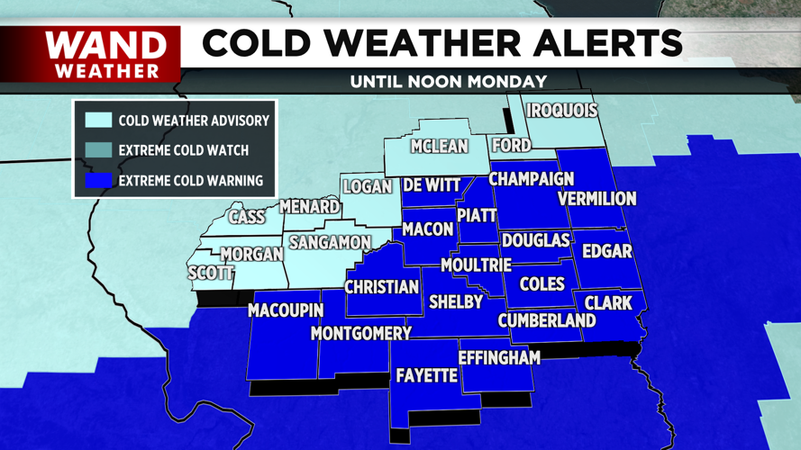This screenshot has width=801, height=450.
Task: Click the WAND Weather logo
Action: point(107,53)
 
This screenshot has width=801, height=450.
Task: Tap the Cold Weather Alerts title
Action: point(441,43)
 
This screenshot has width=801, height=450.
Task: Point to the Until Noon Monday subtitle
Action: point(449,81)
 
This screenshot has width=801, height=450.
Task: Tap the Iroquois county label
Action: point(562,111)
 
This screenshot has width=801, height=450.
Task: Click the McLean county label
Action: point(439,146)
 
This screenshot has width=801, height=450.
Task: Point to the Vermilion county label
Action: point(596,198)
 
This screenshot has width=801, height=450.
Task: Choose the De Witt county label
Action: point(432,185)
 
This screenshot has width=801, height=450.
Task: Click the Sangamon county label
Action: point(330,243)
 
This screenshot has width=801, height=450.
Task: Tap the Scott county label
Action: point(211,273)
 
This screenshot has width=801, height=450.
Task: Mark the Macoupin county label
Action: point(286,311)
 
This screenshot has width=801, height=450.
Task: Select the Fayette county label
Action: point(427,375)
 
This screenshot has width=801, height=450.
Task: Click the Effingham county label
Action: point(499,357)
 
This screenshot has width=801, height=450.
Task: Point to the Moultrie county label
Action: point(476,265)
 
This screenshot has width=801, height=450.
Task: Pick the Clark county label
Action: point(608,303)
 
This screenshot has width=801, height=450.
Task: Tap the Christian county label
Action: point(383,287)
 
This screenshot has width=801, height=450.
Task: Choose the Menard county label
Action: point(309,207)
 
